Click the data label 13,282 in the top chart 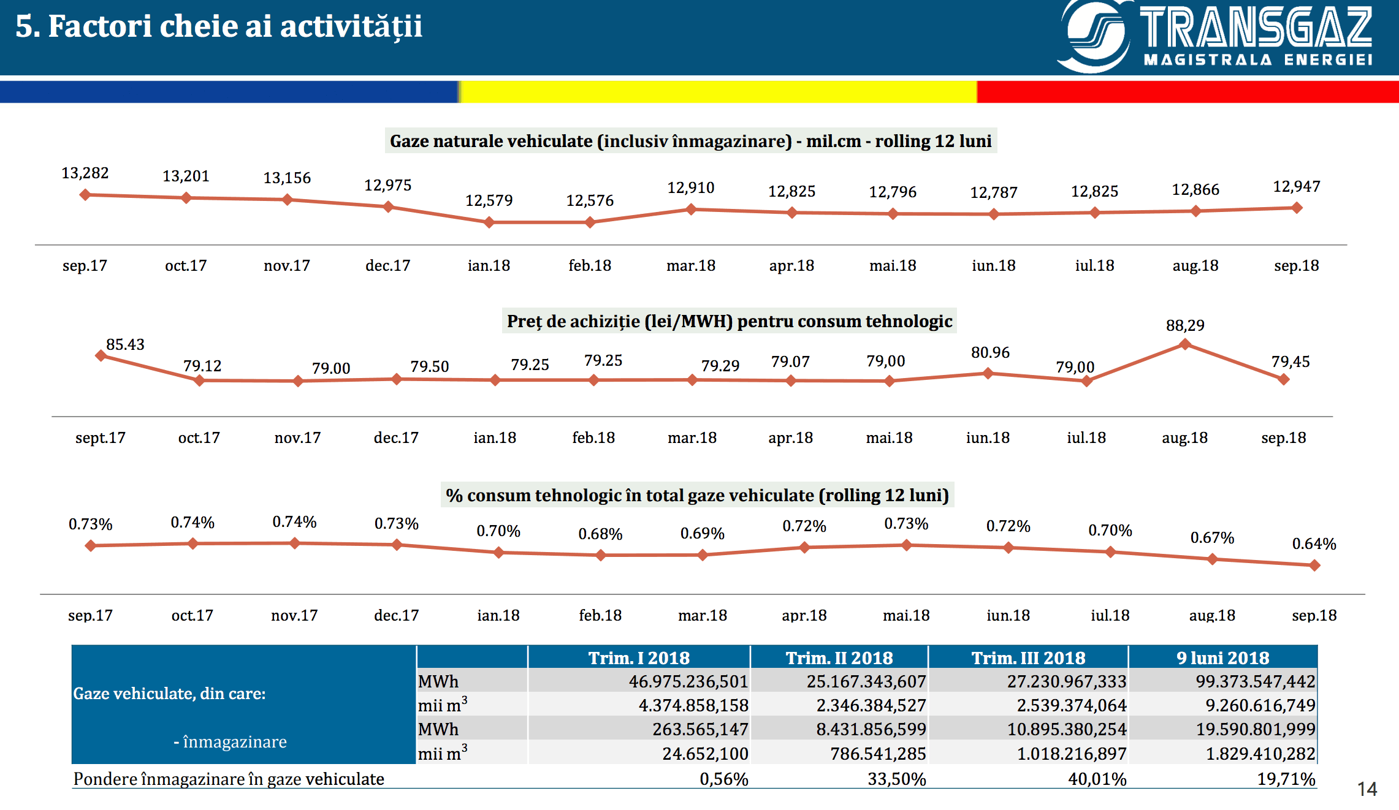point(85,173)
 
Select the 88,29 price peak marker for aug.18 point(1185,344)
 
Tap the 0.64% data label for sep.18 point(1314,543)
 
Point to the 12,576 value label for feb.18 point(590,200)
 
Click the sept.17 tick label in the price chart point(100,438)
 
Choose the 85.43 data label point(125,344)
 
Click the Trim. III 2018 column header point(1028,657)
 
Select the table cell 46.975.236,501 point(688,681)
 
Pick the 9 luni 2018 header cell point(1222,657)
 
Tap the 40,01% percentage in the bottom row point(1097,779)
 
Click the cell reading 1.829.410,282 point(1260,754)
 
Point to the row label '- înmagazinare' point(230,742)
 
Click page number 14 point(1367,789)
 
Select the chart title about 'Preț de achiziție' point(730,321)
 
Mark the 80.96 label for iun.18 point(990,352)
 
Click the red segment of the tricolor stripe point(1187,92)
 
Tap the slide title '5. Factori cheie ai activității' point(219,26)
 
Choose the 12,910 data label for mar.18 point(691,187)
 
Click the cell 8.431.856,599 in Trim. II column point(871,729)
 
